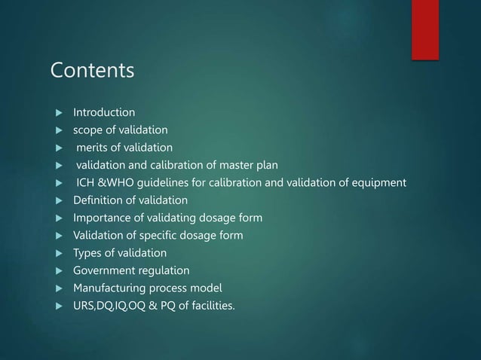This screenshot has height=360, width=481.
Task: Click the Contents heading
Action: click(x=92, y=71)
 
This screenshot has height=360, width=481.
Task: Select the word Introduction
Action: click(x=104, y=112)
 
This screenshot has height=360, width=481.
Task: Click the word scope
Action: click(x=87, y=130)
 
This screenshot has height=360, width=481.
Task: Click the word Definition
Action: click(x=97, y=200)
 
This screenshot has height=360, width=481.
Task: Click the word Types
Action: click(x=87, y=252)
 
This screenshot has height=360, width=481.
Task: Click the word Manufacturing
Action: click(x=109, y=287)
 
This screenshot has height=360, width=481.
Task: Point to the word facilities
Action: click(x=208, y=305)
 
